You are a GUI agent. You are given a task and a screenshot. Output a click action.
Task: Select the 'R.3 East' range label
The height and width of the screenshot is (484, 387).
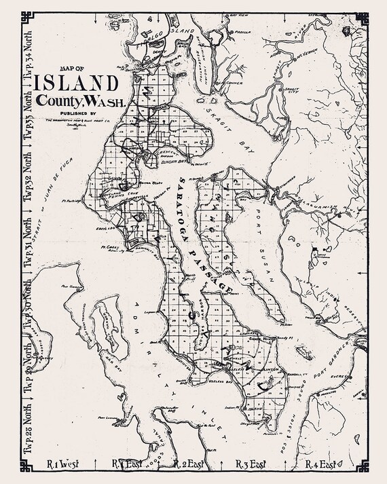[x=250, y=465]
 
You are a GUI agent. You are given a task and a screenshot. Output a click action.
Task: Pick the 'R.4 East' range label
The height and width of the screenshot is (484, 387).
[x=320, y=465]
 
